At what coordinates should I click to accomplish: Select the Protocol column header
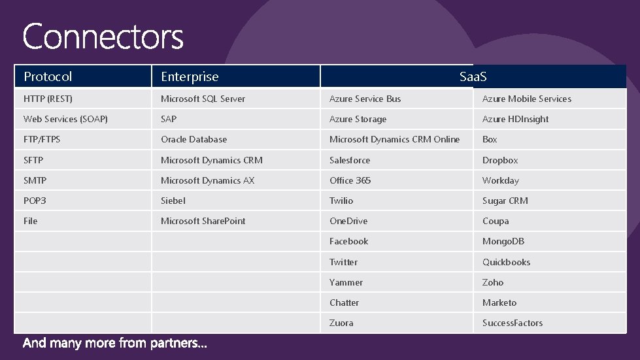48,76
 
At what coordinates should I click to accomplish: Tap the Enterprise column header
190,76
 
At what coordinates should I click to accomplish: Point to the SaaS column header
473,77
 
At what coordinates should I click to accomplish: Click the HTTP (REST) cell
48,99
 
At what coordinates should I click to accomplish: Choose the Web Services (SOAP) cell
65,119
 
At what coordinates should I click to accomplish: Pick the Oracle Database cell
194,139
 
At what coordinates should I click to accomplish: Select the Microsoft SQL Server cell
203,99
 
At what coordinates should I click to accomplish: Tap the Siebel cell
173,201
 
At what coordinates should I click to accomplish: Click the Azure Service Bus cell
365,99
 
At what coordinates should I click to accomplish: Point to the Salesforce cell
350,160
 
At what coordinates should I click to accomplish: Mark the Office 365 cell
350,180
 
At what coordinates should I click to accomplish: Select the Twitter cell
343,262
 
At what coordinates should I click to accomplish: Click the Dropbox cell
500,160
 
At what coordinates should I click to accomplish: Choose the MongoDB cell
503,241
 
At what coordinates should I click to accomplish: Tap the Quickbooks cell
506,262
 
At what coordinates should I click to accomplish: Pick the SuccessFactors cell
513,323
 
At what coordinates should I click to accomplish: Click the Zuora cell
341,323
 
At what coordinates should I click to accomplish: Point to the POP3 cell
35,201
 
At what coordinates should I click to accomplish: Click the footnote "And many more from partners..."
115,343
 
